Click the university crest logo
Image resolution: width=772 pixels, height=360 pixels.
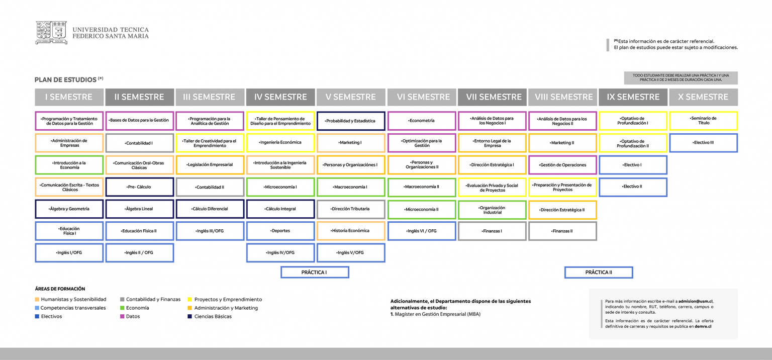click(x=51, y=32)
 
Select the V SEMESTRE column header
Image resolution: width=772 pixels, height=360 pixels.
click(x=351, y=97)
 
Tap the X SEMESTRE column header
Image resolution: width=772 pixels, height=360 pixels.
click(x=704, y=97)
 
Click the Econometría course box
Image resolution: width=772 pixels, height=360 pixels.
click(x=422, y=121)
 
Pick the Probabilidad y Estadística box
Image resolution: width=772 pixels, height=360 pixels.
click(x=351, y=121)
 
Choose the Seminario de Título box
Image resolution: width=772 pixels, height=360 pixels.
click(x=704, y=121)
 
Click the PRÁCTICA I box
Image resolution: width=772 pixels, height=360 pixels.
click(x=315, y=272)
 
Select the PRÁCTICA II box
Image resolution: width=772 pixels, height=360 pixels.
click(x=599, y=272)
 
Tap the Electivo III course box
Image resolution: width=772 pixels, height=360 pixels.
click(x=704, y=143)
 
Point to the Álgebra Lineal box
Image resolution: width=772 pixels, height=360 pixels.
click(x=140, y=209)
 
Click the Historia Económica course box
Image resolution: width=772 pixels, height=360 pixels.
click(x=351, y=231)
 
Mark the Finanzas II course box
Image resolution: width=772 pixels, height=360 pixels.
click(x=562, y=231)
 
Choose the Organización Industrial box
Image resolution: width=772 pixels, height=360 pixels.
click(x=492, y=210)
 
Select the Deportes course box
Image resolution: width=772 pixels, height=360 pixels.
click(x=280, y=231)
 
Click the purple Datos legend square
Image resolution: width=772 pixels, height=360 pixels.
click(x=122, y=316)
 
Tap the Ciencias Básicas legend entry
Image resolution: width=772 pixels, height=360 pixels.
click(x=210, y=316)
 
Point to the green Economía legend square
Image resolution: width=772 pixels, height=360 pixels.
click(x=122, y=308)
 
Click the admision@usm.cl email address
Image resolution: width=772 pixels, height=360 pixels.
click(x=695, y=301)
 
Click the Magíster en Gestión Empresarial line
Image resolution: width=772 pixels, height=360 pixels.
click(x=435, y=314)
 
